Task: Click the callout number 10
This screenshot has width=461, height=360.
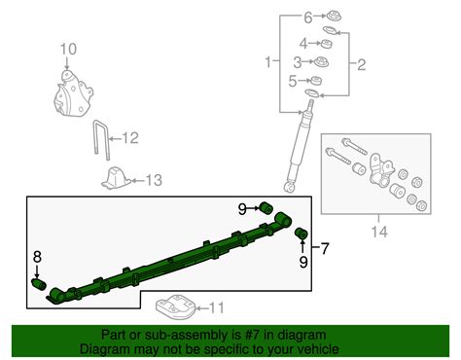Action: (68, 50)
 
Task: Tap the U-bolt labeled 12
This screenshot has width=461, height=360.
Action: (102, 140)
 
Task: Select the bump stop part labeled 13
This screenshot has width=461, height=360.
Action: (117, 178)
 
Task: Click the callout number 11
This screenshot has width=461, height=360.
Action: (217, 307)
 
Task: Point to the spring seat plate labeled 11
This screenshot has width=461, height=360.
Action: (175, 306)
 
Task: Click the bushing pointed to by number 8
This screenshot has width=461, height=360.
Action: (39, 284)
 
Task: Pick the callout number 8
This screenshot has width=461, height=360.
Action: (37, 257)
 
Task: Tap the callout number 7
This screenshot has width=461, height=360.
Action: (325, 248)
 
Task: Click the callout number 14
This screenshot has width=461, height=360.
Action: (379, 232)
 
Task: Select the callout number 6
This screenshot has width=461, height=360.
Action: (308, 18)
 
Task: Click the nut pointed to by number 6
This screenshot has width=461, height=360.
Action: (333, 17)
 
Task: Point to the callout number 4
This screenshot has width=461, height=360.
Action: (303, 44)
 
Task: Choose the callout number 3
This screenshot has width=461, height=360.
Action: (298, 62)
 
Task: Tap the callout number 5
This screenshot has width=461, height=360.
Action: (293, 81)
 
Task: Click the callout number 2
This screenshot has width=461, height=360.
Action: (362, 65)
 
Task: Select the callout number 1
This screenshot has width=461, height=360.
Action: (268, 61)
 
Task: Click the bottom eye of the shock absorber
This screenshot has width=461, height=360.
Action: (289, 187)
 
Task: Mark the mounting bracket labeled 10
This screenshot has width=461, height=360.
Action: (73, 93)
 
